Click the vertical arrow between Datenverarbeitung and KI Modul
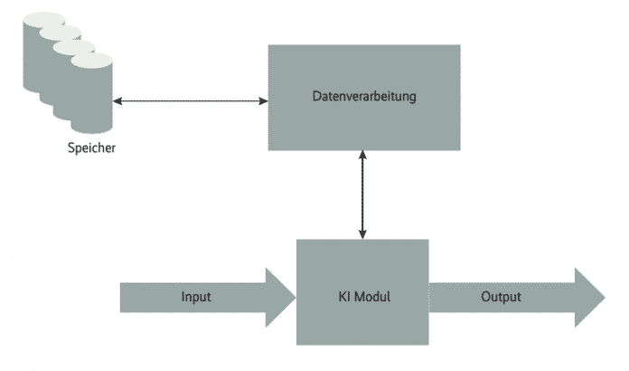pyautogui.click(x=363, y=195)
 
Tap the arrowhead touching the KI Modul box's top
pyautogui.click(x=363, y=234)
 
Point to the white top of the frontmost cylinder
pyautogui.click(x=90, y=62)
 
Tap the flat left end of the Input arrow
pyautogui.click(x=123, y=296)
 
